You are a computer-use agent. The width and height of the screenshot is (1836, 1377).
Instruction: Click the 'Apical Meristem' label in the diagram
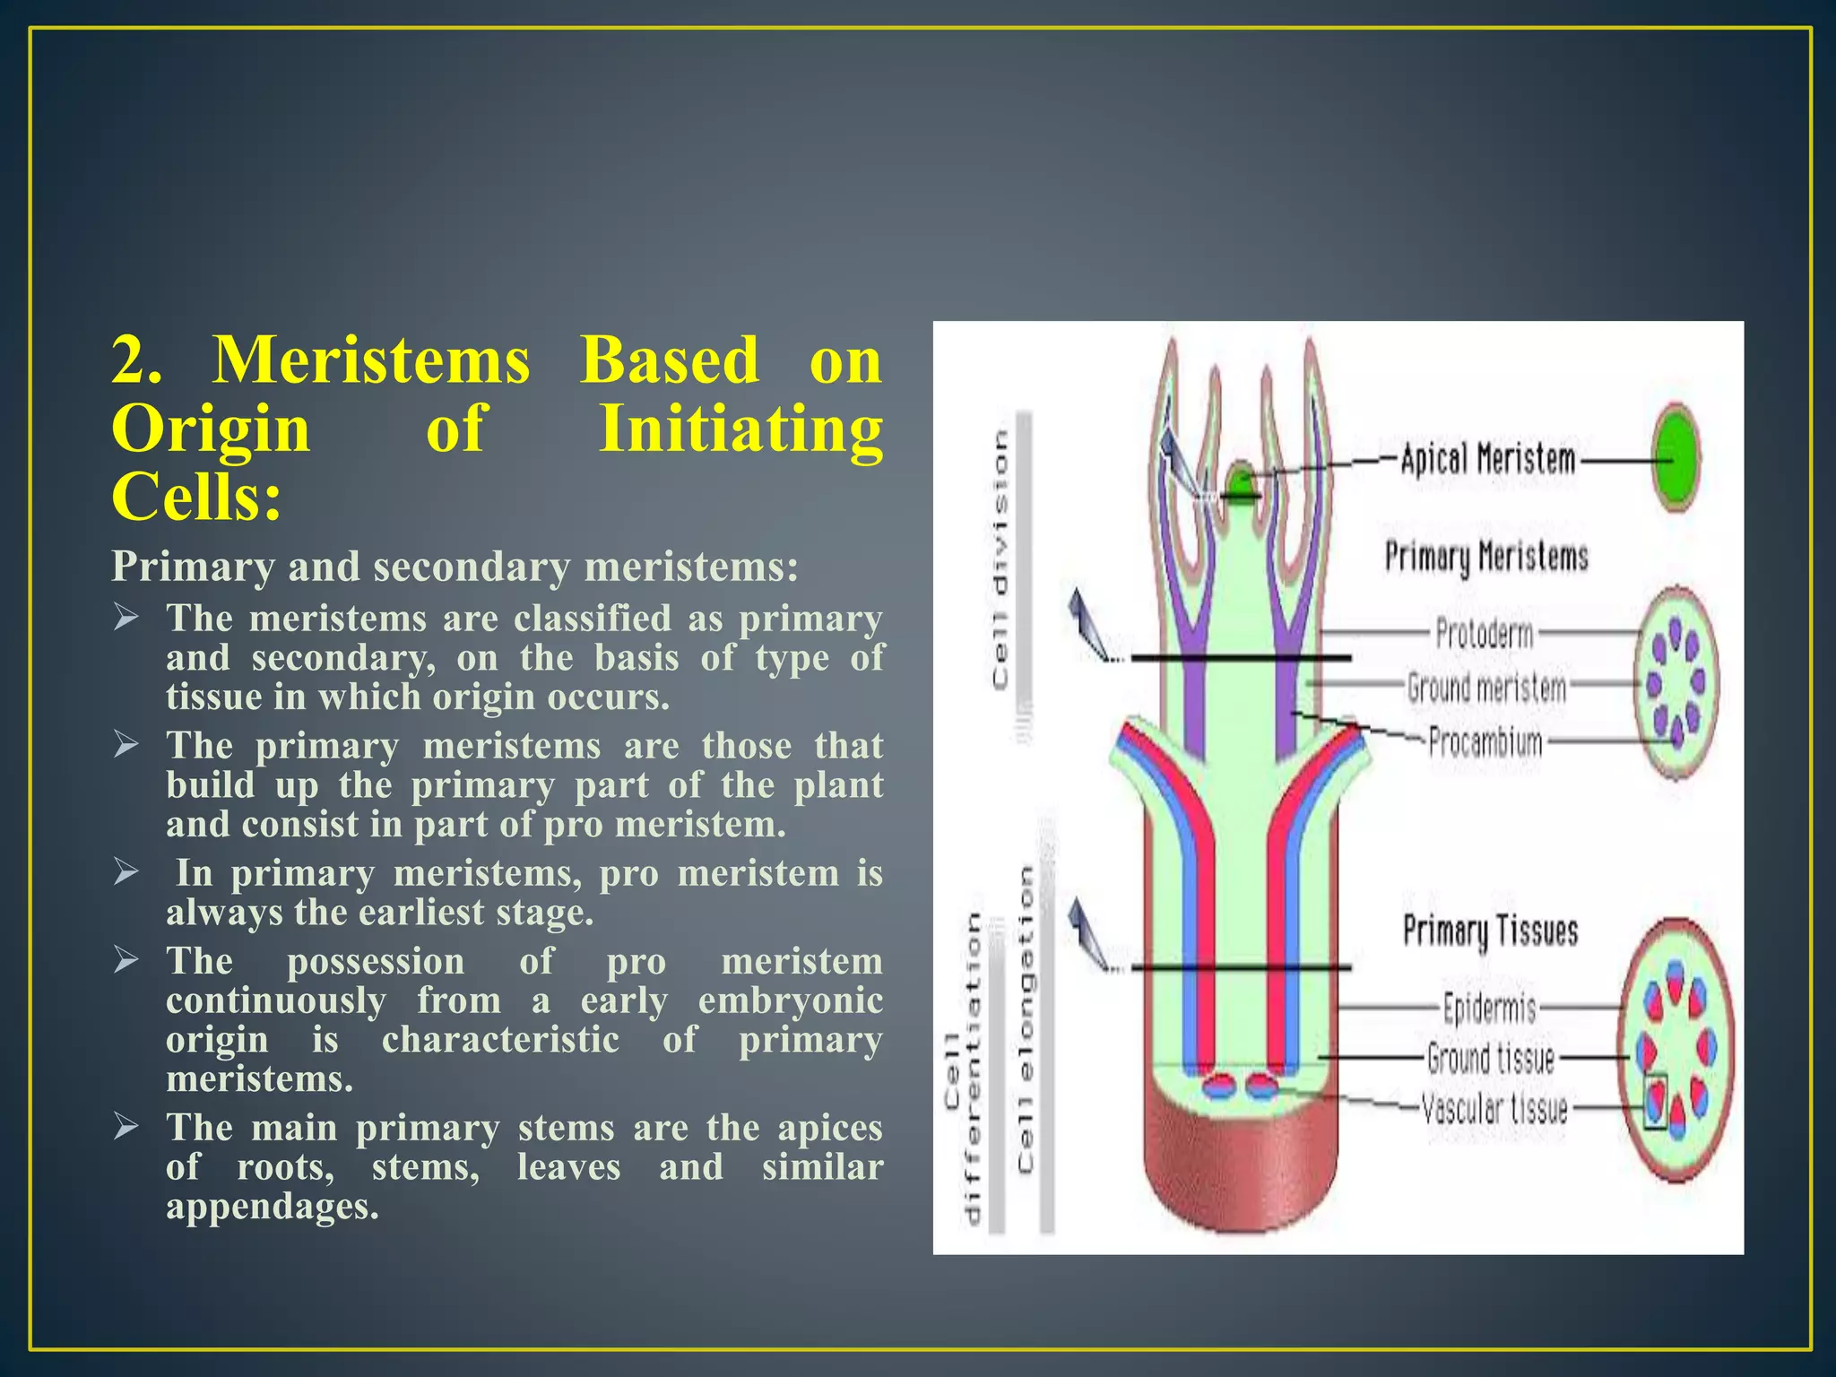point(1487,460)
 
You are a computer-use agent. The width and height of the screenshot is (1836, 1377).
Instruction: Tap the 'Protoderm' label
point(1485,633)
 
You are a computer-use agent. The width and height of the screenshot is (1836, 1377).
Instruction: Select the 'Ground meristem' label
point(1486,688)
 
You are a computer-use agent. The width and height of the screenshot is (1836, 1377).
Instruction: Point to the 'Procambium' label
point(1485,742)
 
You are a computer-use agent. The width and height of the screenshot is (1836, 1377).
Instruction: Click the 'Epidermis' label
point(1489,1008)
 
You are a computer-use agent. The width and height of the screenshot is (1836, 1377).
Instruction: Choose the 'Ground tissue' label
point(1490,1059)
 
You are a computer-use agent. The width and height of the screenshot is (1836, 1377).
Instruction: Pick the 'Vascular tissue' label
point(1494,1109)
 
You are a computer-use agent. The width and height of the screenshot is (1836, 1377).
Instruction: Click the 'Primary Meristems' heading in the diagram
point(1486,556)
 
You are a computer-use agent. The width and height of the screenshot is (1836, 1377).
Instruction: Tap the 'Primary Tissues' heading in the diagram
point(1490,931)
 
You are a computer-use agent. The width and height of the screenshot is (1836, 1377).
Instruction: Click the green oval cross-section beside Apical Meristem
point(1676,458)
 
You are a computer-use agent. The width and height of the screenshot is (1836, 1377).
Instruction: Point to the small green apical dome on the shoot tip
point(1241,481)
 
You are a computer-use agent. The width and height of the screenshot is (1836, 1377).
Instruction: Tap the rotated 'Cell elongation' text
point(1026,1018)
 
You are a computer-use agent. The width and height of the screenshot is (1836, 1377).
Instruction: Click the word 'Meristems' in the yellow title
point(372,360)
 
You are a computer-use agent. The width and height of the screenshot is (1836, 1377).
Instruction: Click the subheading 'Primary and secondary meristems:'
point(455,567)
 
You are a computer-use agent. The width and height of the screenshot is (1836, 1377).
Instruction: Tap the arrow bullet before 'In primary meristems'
point(126,871)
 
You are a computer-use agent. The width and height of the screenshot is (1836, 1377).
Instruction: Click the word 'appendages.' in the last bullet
point(273,1206)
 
